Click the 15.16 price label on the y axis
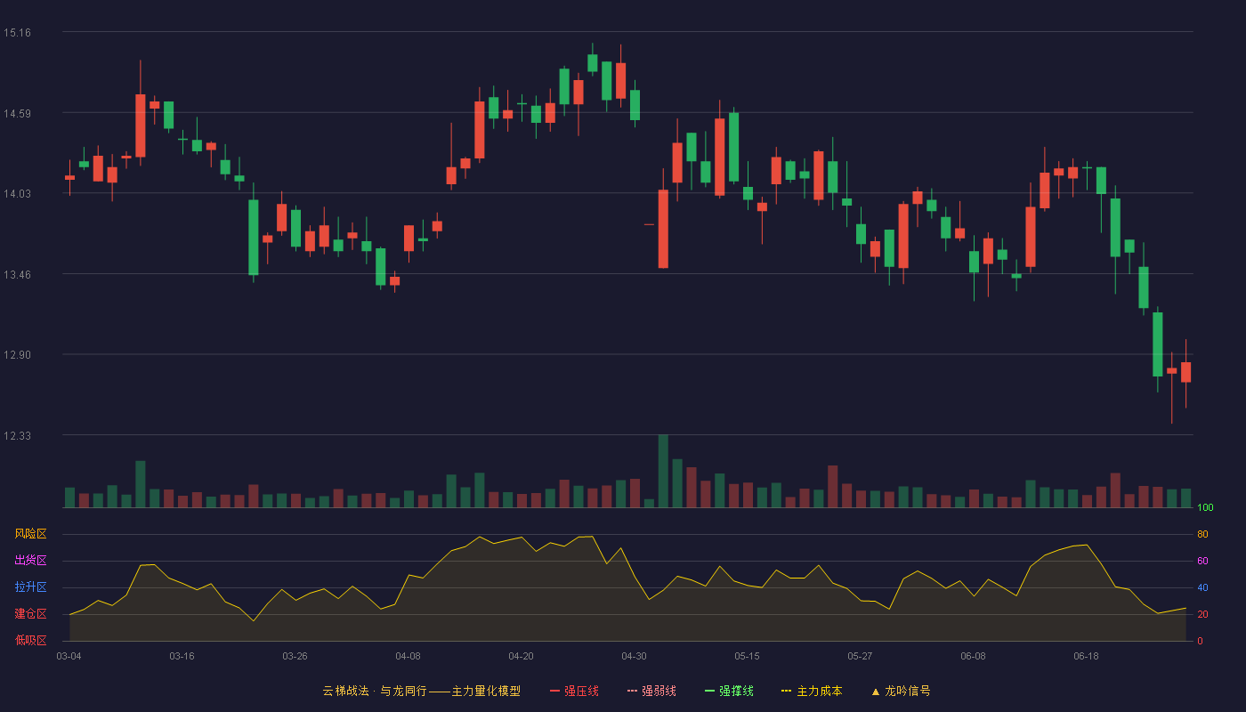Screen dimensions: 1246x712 click(x=17, y=33)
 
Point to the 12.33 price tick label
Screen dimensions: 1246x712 click(x=17, y=435)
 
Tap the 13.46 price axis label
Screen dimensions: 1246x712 click(x=17, y=275)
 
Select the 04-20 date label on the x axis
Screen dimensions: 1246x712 click(x=521, y=657)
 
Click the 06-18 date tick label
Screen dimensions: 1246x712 click(x=1086, y=657)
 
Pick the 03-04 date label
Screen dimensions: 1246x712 click(x=69, y=657)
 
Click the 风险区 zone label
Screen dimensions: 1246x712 click(x=30, y=534)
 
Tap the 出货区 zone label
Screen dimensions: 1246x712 click(x=30, y=560)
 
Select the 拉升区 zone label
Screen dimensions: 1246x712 click(x=30, y=587)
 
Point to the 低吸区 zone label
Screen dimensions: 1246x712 click(x=30, y=640)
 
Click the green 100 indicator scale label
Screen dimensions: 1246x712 click(x=1205, y=507)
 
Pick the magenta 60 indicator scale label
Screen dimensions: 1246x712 click(x=1202, y=561)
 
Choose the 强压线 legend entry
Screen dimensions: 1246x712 click(x=574, y=691)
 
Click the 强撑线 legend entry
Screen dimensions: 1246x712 click(x=729, y=691)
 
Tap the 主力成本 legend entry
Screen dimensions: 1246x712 click(x=812, y=691)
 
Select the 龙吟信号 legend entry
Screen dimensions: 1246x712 click(x=901, y=691)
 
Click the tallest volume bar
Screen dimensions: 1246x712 click(x=663, y=471)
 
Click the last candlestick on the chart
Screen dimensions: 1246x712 click(x=1185, y=372)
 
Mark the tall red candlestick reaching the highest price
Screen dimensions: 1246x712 click(x=621, y=81)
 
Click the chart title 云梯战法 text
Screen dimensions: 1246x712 click(x=345, y=691)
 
